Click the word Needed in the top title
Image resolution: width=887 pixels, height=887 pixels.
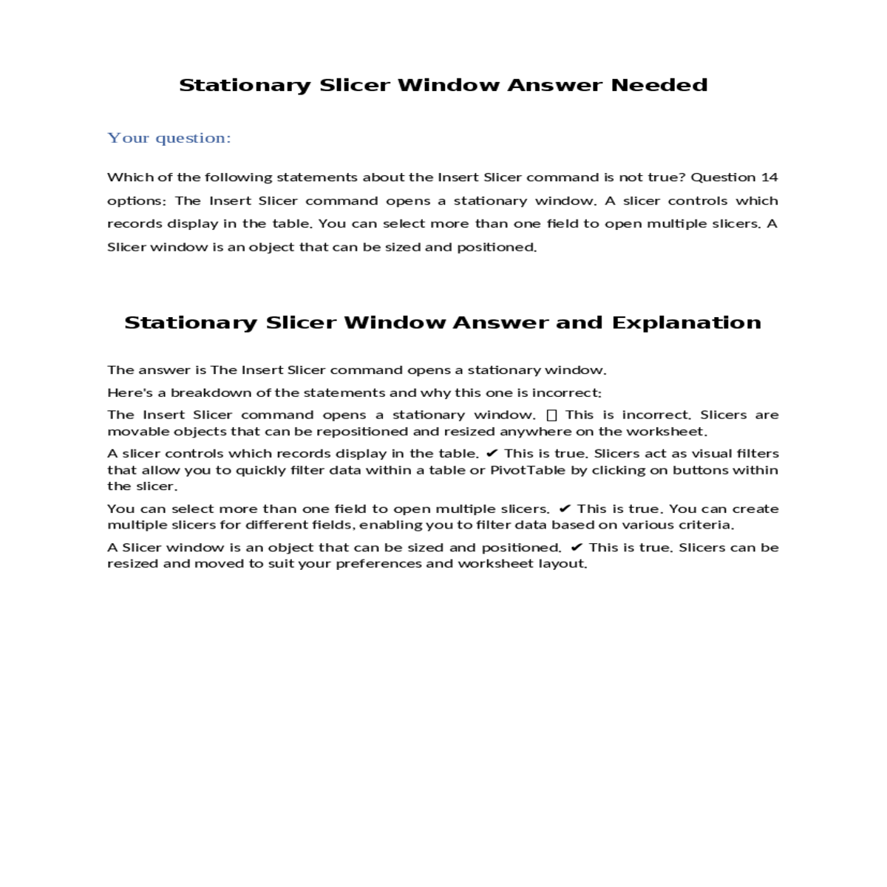tap(659, 86)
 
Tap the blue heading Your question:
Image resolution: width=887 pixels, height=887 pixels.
tap(169, 138)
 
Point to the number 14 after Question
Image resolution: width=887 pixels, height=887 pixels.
tap(769, 177)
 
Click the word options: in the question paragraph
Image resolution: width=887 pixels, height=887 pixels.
tap(137, 201)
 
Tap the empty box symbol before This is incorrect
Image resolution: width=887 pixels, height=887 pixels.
tap(551, 415)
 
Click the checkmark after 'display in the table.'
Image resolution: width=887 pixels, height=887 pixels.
tap(492, 454)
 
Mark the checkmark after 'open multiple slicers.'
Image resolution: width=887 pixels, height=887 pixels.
tap(565, 509)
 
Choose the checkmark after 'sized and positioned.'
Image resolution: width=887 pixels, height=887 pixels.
tap(577, 548)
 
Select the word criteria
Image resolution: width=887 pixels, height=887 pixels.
tap(709, 525)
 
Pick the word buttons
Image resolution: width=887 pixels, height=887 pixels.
tap(701, 470)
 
